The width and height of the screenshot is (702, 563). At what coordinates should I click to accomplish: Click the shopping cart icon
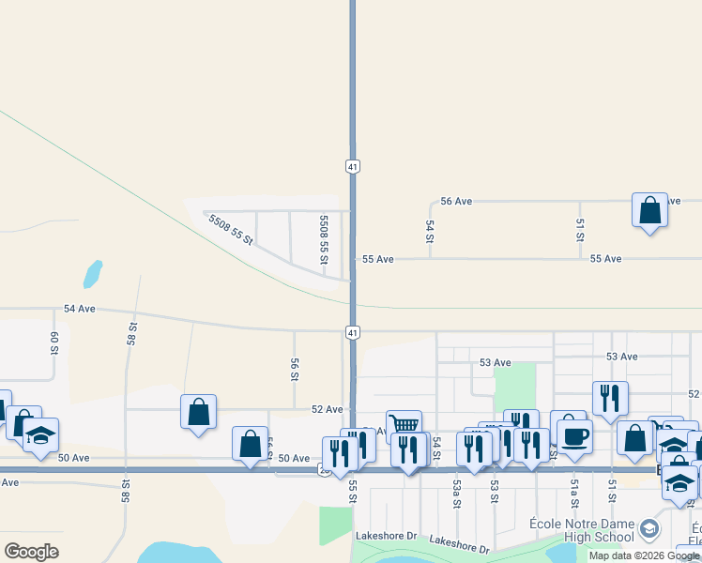point(404,425)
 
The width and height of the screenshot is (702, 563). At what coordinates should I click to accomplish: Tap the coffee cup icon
point(574,435)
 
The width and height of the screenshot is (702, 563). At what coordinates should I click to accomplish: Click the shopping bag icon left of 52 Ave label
point(198,411)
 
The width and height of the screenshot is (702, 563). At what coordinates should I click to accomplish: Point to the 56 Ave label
point(456,201)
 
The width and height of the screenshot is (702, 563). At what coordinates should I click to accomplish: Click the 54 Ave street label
point(80,308)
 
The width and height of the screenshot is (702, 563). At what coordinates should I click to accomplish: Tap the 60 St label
point(54,342)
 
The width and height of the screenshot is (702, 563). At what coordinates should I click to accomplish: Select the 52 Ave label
point(328,409)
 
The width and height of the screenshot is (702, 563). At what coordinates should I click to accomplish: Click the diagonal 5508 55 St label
point(231,229)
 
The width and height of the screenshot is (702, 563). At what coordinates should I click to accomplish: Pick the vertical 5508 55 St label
point(323,239)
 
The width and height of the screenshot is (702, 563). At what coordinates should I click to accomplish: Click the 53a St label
point(456,493)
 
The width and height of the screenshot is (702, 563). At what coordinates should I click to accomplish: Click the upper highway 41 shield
point(352,166)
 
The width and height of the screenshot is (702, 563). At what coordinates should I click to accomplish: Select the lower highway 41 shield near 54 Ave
point(352,332)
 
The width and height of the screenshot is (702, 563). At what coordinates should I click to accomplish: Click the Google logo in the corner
point(31,551)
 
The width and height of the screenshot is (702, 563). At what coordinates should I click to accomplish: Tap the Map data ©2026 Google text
point(644,555)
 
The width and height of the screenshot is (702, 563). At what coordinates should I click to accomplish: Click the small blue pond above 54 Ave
point(92,274)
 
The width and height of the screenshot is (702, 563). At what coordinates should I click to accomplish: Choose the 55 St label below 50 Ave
point(353,492)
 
